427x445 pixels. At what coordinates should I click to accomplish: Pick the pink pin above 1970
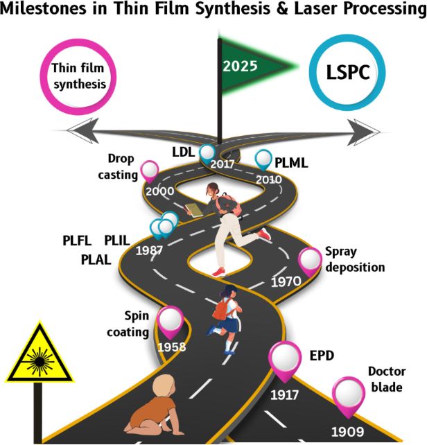pyautogui.click(x=309, y=261)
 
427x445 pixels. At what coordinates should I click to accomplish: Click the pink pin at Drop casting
pyautogui.click(x=149, y=170)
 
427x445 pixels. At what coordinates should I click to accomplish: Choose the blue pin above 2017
pyautogui.click(x=207, y=154)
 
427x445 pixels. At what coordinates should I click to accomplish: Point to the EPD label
pyautogui.click(x=323, y=358)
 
